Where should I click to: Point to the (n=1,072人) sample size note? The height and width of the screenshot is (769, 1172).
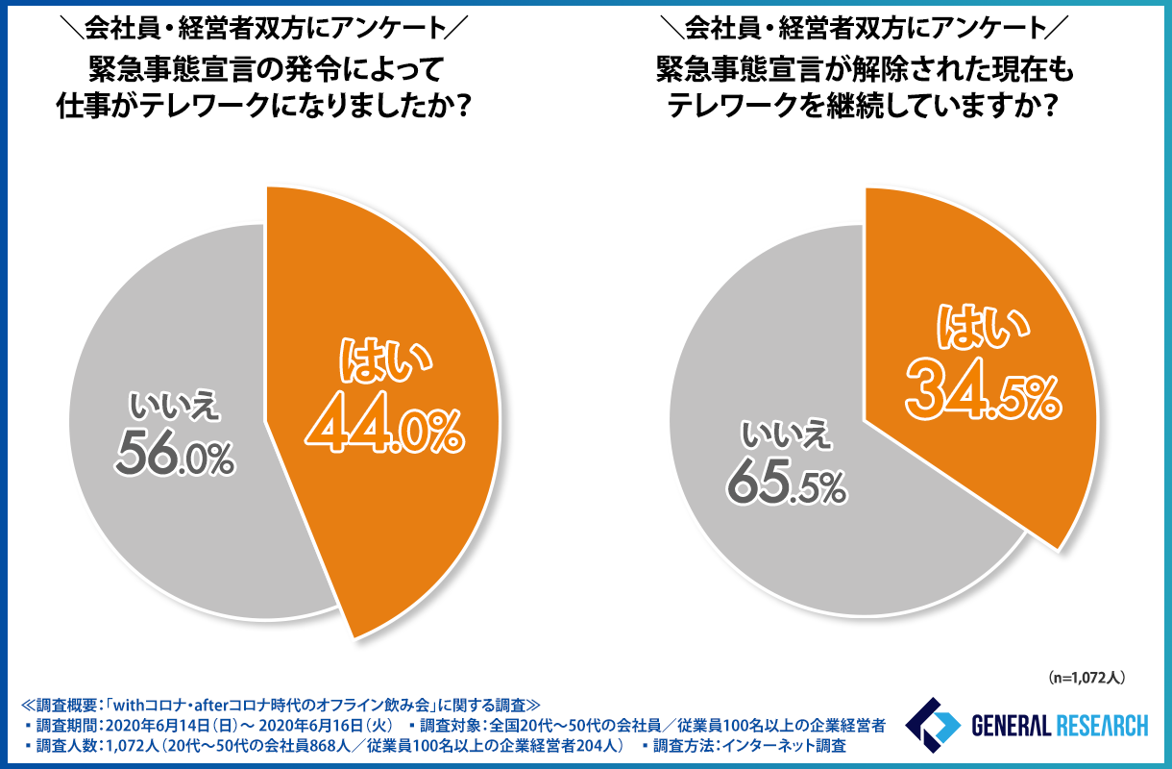(x=1086, y=678)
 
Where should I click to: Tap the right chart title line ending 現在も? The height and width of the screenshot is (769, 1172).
(x=862, y=70)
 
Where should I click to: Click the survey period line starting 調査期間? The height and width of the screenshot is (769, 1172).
(x=202, y=723)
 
